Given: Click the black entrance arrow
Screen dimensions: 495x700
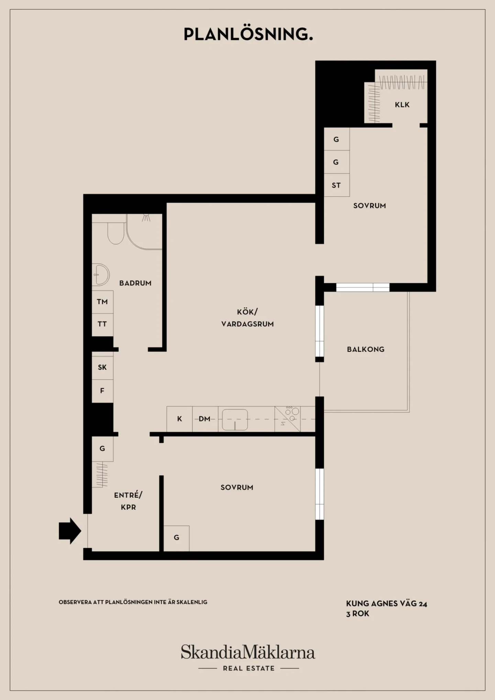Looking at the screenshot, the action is point(70,531).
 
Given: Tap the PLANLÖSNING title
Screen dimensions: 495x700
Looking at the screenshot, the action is point(248,34).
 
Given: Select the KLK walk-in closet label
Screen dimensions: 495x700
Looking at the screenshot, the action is point(402,105).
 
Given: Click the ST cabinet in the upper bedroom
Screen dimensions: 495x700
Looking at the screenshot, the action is point(337,185).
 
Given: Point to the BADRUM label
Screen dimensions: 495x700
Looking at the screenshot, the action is point(135,283).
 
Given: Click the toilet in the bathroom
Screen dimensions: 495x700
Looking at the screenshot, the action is point(116,233).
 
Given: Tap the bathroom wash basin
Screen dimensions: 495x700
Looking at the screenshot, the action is point(101,275).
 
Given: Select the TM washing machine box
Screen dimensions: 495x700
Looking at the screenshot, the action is point(102,302).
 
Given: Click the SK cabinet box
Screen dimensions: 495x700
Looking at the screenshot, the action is point(102,368).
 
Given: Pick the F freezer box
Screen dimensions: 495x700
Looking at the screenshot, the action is point(102,391).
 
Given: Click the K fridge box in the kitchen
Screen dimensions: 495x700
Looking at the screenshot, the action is point(179,419).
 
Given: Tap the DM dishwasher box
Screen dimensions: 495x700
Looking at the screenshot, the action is point(205,419).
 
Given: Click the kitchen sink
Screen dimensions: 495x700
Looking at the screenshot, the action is point(235,419).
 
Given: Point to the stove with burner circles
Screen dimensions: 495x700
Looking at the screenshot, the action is point(287,419).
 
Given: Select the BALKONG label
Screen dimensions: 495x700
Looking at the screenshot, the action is point(366,349).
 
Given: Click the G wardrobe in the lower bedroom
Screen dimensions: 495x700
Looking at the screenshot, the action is point(176,538).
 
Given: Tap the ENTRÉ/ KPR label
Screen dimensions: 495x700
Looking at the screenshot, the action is point(128,501).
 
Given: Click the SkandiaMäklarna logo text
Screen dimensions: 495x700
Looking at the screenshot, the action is point(248,652).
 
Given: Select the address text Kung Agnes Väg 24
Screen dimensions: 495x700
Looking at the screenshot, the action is point(387,603).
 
